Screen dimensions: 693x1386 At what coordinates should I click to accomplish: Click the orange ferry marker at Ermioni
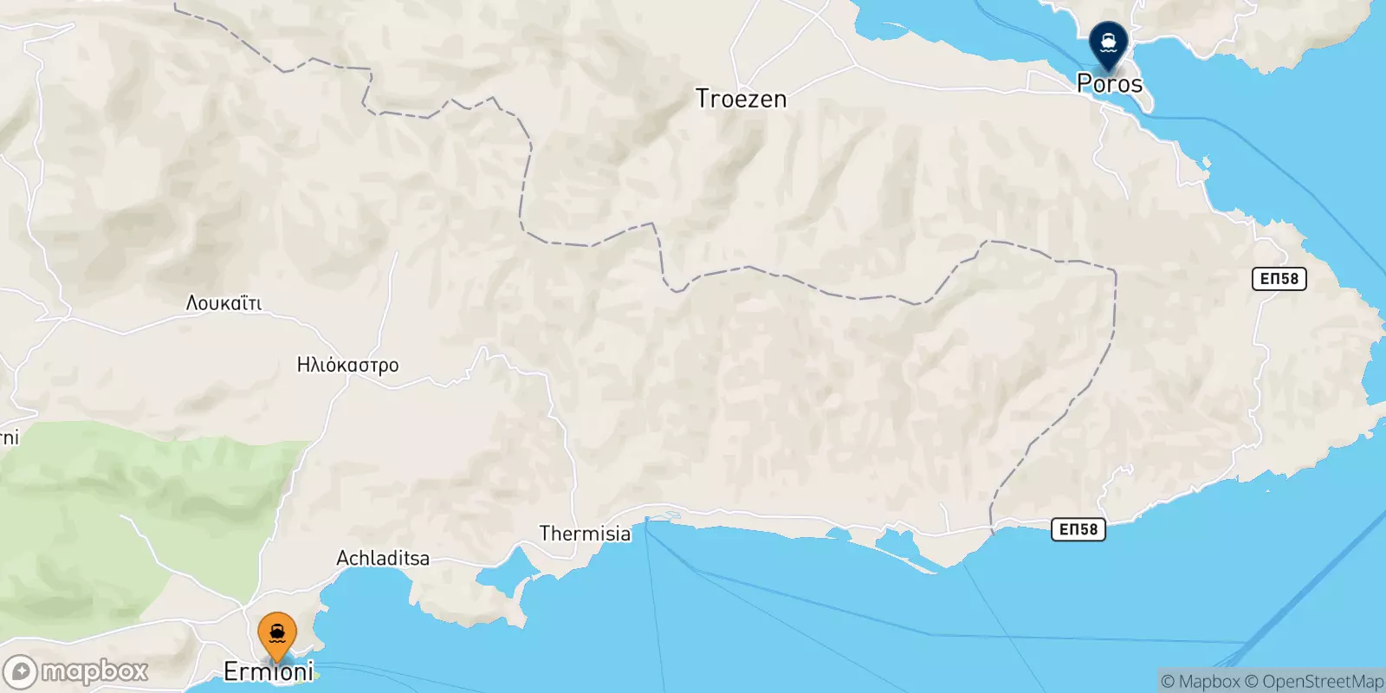(277, 637)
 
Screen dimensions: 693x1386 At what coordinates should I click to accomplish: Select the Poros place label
(1109, 84)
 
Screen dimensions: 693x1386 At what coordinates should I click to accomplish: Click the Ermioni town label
(269, 671)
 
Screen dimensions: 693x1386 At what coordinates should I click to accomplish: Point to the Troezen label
(741, 99)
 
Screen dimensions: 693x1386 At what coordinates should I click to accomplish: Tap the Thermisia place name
(585, 534)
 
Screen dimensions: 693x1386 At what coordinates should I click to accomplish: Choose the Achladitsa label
(383, 559)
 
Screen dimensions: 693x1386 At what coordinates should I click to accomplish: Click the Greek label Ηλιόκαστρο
(347, 366)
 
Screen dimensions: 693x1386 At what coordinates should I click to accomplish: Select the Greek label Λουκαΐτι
(223, 303)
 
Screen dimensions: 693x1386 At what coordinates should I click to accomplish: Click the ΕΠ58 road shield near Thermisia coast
(1078, 529)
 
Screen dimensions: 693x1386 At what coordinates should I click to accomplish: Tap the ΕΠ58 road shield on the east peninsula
(1279, 279)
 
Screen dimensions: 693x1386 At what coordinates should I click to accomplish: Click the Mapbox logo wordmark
(94, 671)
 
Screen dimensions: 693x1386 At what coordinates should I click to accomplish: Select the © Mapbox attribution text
(1200, 682)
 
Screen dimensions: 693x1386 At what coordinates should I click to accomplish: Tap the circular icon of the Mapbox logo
(20, 672)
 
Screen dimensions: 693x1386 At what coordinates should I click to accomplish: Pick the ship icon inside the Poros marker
(1108, 39)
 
